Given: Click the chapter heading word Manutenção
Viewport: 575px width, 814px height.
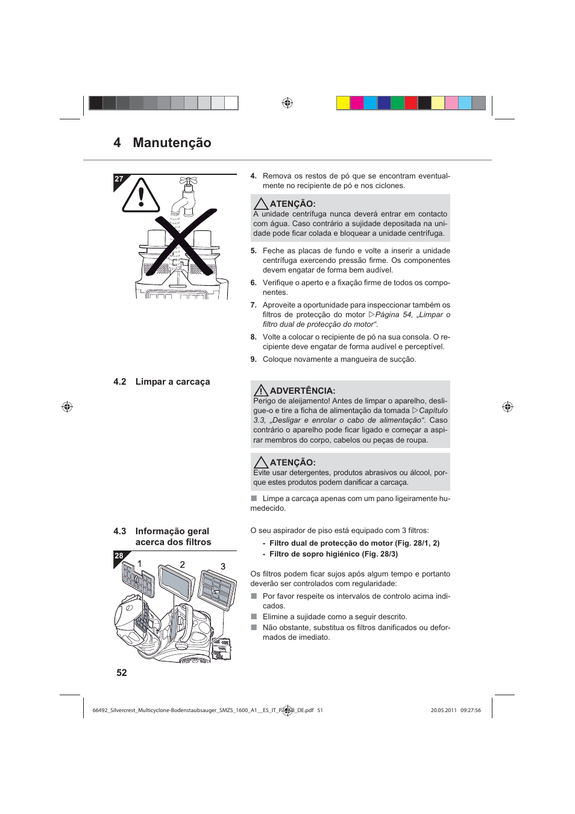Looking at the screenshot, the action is (x=172, y=143).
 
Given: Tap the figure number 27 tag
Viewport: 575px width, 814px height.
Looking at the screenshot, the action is (x=119, y=179).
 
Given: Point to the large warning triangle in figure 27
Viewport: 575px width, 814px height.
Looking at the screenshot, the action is (x=140, y=196).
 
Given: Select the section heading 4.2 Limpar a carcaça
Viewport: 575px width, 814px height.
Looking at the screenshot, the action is (x=162, y=382).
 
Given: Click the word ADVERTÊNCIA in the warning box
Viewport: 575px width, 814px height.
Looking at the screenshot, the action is (x=302, y=391).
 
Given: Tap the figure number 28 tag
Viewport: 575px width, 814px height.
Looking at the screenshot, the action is (x=119, y=556).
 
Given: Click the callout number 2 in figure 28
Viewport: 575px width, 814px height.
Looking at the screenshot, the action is (x=182, y=565).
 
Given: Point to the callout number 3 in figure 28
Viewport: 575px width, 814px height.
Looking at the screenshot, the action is (x=223, y=567).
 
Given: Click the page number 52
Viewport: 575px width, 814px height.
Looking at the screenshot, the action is (x=122, y=673).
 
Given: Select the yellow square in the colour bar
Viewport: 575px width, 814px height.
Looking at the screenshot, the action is (x=343, y=103).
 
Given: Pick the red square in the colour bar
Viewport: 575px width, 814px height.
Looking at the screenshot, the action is (x=411, y=103).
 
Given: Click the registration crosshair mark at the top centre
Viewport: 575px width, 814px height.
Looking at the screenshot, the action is (x=287, y=103).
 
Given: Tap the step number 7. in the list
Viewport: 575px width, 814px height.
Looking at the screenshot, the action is (x=253, y=305).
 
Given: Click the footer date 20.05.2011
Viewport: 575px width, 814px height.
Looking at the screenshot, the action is (x=443, y=710).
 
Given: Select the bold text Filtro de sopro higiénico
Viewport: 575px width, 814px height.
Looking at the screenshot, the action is (x=314, y=554).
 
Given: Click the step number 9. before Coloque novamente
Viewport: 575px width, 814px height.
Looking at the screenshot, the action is (x=253, y=359).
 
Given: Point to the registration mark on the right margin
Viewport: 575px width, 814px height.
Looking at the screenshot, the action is (x=507, y=407).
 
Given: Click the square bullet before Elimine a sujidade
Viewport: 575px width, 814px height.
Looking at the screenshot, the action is (x=254, y=617).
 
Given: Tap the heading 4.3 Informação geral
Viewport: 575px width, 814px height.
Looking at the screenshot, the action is (x=162, y=531).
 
